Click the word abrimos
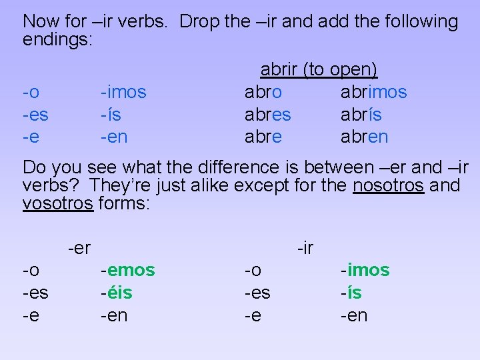click(x=373, y=92)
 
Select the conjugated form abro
click(x=263, y=92)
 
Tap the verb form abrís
click(x=361, y=115)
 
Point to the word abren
click(x=364, y=137)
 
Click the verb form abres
click(x=267, y=115)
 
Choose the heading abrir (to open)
click(x=319, y=69)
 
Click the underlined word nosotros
click(x=387, y=185)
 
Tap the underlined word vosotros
click(x=57, y=203)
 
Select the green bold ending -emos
click(x=127, y=270)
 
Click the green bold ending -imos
click(x=365, y=270)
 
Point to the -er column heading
click(x=79, y=249)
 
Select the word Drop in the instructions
click(x=200, y=21)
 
